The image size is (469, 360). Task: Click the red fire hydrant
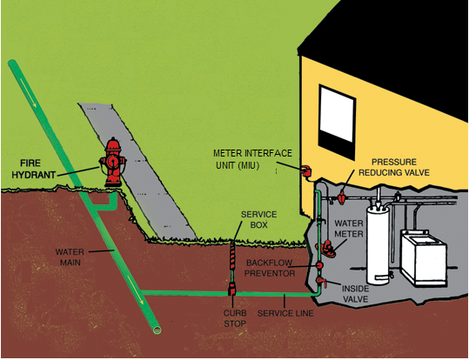111,163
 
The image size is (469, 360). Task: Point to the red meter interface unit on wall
305,170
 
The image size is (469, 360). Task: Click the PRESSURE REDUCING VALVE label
401,168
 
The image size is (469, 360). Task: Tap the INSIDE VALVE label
354,294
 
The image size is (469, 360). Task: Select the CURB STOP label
232,317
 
